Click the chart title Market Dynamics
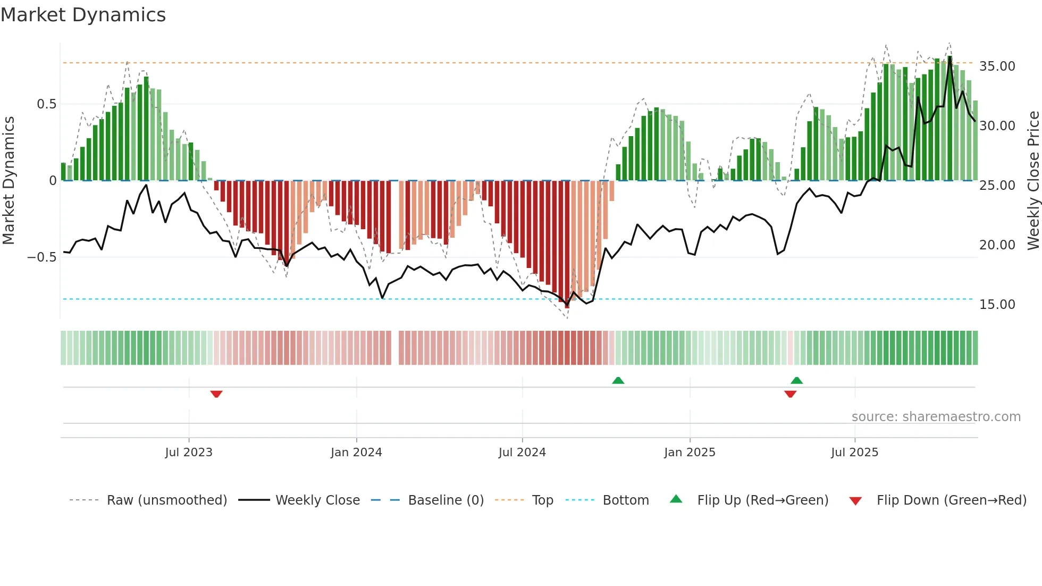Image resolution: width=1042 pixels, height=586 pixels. pos(83,15)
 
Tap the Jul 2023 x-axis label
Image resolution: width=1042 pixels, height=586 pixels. pos(189,453)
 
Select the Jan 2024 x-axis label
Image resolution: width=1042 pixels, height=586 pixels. pos(356,453)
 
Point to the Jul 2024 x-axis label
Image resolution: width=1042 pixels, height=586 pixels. pos(522,453)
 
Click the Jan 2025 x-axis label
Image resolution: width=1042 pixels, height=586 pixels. pos(690,453)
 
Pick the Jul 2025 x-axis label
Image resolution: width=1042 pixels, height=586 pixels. pos(854,453)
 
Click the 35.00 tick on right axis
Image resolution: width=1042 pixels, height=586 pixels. pos(997,66)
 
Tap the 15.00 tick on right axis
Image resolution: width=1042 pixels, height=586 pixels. pos(997,305)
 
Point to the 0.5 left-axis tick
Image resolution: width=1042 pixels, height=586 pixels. pos(46,104)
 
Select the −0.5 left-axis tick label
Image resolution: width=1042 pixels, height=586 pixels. pos(42,257)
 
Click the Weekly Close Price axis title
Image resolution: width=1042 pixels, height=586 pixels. pos(1033,181)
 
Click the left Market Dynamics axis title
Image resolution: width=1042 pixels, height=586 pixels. pos(9,181)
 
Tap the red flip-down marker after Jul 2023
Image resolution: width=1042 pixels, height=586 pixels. pos(216,394)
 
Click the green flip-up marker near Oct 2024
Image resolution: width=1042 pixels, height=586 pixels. pos(618,380)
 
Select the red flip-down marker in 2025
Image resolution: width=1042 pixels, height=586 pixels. pos(790,394)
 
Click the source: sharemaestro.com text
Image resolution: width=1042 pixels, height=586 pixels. pos(936,417)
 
